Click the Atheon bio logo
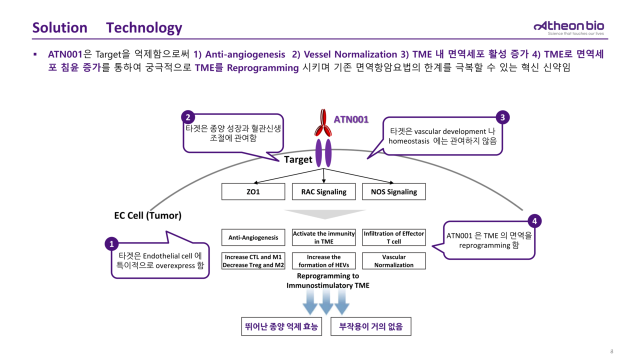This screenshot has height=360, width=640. pos(568,27)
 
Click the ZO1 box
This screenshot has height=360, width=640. pos(253,192)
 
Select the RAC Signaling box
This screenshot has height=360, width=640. pos(323,192)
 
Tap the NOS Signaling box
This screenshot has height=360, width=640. pos(393,192)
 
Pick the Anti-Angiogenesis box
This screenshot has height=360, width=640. pos(253,237)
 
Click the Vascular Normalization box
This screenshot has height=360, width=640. pos(393,261)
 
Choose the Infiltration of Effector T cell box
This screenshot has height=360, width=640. pos(393,237)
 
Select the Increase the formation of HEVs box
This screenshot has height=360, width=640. pos(323,261)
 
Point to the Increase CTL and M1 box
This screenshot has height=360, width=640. pos(253,261)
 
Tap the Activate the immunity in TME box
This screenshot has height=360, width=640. pos(323,237)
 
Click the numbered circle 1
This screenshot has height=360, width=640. pos(111,244)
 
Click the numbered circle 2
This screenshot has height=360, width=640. pos(187,117)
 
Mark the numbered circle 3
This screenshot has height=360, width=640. pos(502,117)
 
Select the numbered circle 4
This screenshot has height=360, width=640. pos(535,221)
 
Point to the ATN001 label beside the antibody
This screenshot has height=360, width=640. pos(351,119)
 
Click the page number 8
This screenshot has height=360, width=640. pos(611,351)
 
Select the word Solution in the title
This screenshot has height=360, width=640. pos(59,27)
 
